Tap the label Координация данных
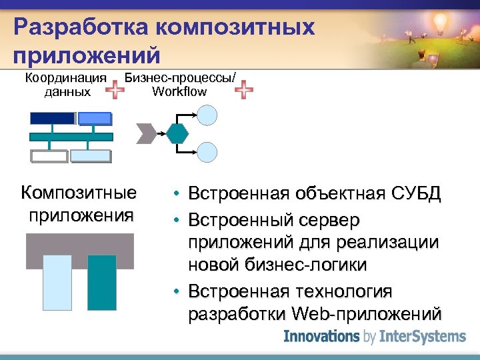[x=66, y=85]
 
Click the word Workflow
[x=179, y=91]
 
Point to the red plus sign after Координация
[x=116, y=89]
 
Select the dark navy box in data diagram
[x=52, y=118]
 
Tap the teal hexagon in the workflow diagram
[x=178, y=133]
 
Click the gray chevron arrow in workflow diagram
[x=145, y=133]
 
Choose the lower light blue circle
[x=209, y=152]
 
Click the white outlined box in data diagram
[x=49, y=156]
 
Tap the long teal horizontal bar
[x=71, y=137]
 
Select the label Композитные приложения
[x=79, y=204]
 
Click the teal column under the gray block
[x=101, y=281]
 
